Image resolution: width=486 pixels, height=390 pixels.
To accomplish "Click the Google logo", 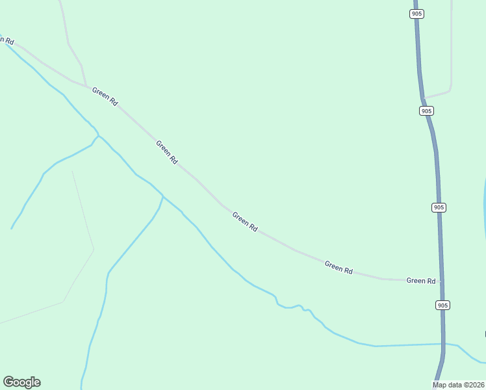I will point(21,382).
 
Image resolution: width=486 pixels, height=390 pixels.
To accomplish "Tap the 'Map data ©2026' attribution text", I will point(459,385).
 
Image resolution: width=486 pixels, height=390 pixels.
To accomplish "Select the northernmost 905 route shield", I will point(417,14).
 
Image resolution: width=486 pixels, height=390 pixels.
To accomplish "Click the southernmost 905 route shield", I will point(442,305).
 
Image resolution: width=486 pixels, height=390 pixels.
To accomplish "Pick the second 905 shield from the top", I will point(426,110).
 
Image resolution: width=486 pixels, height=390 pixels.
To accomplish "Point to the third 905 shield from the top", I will point(439,207).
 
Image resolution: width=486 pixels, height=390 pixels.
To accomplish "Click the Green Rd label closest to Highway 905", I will point(420,281).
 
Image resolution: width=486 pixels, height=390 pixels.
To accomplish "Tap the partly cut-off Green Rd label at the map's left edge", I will point(6,40).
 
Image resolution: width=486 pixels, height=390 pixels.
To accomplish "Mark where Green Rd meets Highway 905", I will point(441,281).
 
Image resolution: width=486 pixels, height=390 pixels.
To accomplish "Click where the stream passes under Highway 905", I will point(444,344).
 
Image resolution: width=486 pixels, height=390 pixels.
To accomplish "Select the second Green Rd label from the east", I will point(339,267).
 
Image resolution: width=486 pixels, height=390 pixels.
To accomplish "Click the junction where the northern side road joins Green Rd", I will point(86,85).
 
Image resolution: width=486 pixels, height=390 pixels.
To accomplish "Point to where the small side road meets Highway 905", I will point(424,98).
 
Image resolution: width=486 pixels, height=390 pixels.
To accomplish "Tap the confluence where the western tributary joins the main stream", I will point(97,136).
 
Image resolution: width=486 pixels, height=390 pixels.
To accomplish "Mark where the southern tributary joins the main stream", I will point(162,196).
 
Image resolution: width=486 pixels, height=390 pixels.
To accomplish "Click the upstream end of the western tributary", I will point(12,229).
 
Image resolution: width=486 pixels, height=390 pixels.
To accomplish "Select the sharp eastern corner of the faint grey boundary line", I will point(94,248).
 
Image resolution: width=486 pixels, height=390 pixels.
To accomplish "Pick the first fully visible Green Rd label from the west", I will point(105,97).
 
